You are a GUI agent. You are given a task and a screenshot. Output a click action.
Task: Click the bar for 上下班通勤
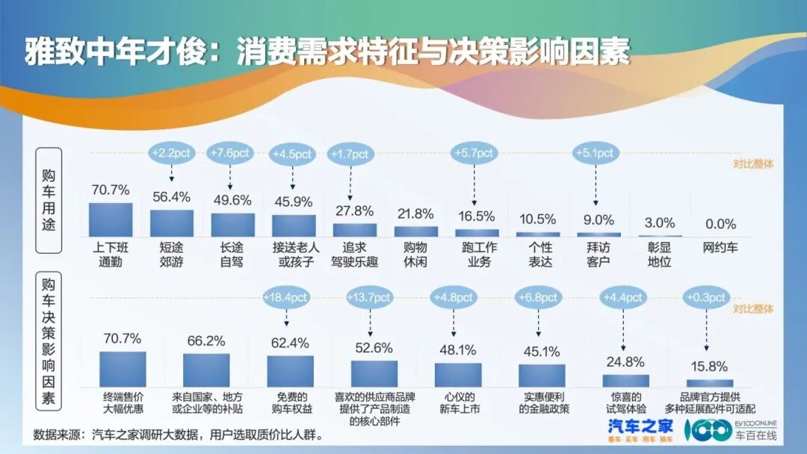pos(111,220)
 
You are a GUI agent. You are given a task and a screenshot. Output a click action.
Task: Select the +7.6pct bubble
pos(229,153)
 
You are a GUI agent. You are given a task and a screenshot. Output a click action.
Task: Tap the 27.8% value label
pos(354,211)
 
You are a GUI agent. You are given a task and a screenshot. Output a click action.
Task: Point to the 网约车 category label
pos(720,247)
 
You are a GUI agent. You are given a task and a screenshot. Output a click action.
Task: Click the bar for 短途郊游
pos(171,223)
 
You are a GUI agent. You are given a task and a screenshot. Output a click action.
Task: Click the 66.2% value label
pos(206,340)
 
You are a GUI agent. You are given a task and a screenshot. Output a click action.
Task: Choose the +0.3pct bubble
pos(707,297)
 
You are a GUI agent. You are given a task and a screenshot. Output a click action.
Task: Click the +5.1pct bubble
pos(595,153)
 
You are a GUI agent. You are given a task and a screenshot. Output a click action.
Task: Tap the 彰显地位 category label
pos(658,255)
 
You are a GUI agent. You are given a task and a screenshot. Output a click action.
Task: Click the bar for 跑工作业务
pos(476,233)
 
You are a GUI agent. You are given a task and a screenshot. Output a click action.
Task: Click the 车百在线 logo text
pos(756,435)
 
